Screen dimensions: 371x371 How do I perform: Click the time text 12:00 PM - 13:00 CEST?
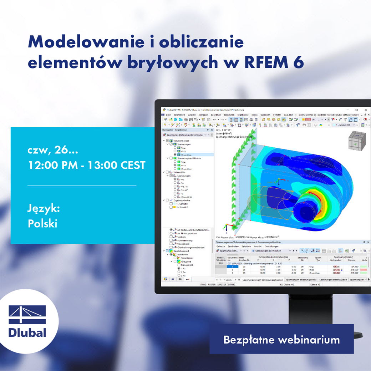coord(86,165)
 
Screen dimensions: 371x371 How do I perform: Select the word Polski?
coord(42,224)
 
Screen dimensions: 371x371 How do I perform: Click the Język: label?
coord(44,208)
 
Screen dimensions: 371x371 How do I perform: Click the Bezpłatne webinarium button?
coord(281,340)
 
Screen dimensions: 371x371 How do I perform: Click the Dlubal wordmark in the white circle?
coord(27,332)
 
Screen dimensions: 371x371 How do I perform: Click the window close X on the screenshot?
coord(365,110)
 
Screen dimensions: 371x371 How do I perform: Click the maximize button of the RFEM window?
coord(356,110)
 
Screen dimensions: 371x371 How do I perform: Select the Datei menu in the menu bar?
coord(168,115)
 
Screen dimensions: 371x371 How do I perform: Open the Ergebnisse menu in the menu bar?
coord(243,115)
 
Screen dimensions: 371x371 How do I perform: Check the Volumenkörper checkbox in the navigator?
coord(168,141)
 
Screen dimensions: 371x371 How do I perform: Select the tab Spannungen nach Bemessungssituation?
coord(263,280)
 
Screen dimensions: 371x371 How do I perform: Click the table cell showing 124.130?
coord(354,266)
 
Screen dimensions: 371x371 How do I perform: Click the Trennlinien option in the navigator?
coord(187,258)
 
